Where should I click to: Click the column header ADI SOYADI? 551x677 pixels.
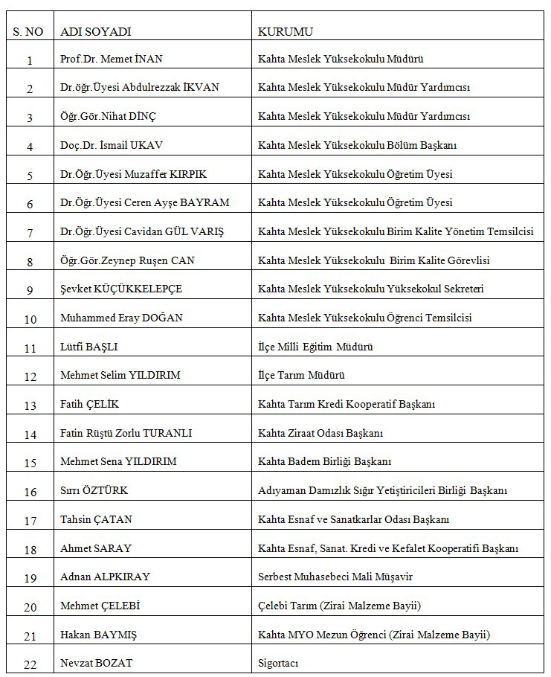95,31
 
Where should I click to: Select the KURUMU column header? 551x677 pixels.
285,31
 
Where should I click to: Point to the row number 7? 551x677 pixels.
30,233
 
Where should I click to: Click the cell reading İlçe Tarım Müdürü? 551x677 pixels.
301,376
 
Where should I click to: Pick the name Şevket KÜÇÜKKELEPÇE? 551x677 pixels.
121,289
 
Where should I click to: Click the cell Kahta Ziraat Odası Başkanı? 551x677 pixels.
320,433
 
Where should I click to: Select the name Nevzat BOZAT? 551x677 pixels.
96,663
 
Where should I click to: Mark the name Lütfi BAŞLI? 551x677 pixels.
88,347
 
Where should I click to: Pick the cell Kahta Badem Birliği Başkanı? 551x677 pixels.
324,462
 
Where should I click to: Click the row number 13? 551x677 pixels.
30,405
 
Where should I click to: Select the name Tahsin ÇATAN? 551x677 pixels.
96,519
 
